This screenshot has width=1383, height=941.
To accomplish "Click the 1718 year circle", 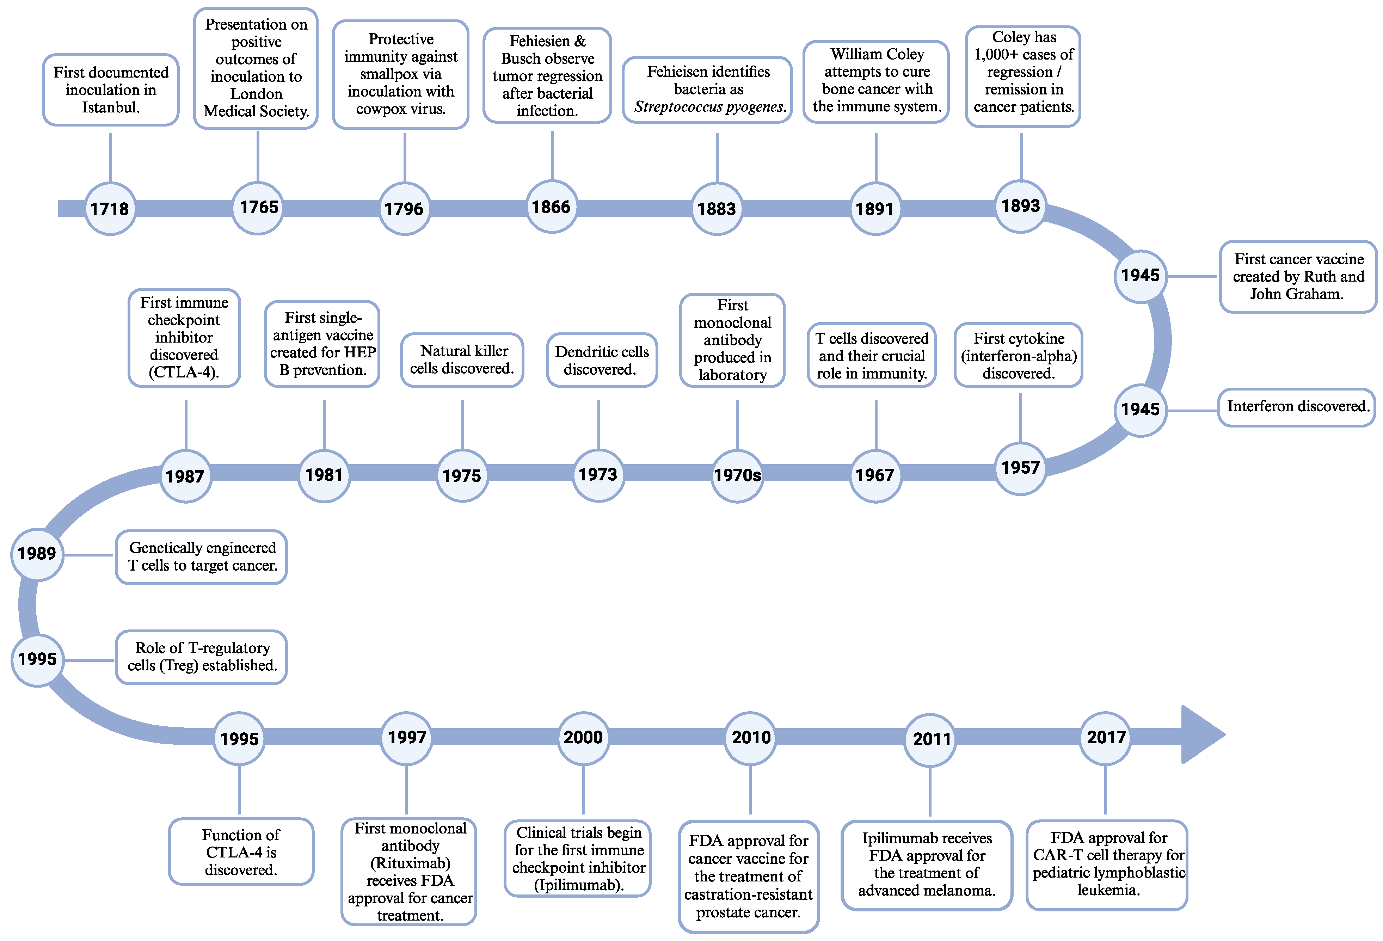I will [110, 208].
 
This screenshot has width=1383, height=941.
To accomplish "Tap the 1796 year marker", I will [404, 208].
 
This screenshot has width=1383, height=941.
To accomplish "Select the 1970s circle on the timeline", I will [737, 475].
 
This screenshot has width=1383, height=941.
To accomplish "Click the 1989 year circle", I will [37, 554].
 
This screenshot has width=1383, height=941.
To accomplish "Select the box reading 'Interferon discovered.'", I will [1297, 407].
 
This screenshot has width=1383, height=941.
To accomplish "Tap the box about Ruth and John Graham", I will [1298, 277].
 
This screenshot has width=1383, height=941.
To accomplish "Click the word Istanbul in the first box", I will [110, 108].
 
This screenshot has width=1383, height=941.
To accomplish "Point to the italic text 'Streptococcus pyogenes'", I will [709, 107].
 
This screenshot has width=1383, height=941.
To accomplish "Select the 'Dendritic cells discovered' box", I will [602, 360].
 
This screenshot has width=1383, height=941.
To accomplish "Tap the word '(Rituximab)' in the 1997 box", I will [410, 863].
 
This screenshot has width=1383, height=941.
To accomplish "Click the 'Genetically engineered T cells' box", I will [202, 556].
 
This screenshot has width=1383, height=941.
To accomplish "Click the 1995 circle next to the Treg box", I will [37, 659].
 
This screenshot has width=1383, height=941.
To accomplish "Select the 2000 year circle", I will [583, 737].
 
